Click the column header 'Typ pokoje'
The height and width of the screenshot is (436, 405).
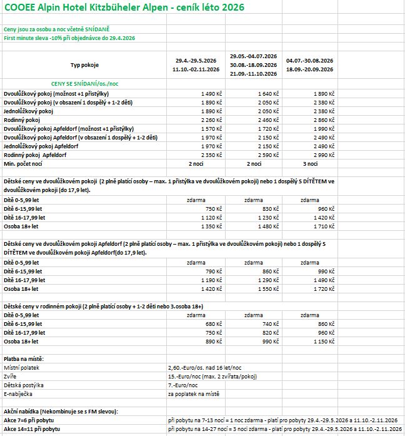pyautogui.click(x=84, y=65)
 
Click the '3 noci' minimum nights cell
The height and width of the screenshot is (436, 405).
pyautogui.click(x=310, y=163)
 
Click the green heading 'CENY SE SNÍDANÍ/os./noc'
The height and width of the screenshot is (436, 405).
pyautogui.click(x=84, y=83)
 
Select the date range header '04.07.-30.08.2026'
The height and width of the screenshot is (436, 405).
pyautogui.click(x=309, y=60)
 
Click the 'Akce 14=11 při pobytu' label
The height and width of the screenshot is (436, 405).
pyautogui.click(x=32, y=430)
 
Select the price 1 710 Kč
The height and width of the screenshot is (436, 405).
pyautogui.click(x=321, y=226)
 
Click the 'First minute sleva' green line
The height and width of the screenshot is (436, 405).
pyautogui.click(x=69, y=38)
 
